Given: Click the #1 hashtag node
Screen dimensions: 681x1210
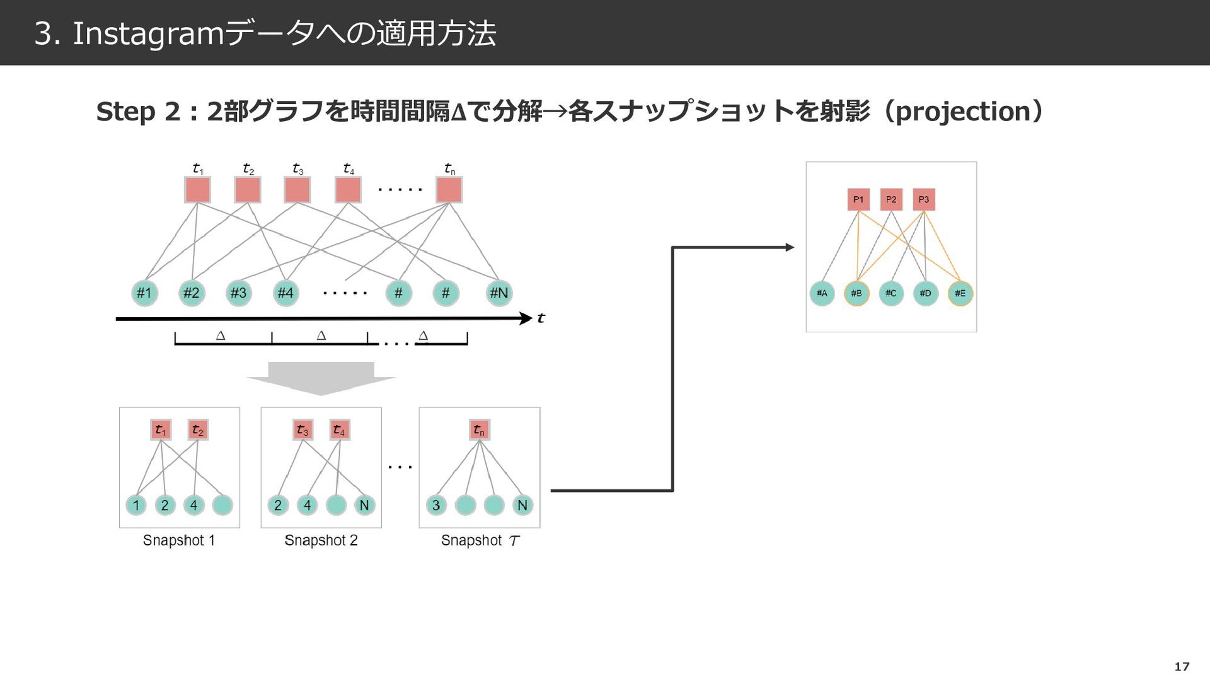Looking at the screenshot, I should (x=144, y=293).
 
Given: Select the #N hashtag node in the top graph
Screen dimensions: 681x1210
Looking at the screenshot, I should (x=498, y=293).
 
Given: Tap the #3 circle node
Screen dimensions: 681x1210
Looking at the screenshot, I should (x=238, y=293).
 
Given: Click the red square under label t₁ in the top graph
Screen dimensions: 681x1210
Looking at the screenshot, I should (x=197, y=190).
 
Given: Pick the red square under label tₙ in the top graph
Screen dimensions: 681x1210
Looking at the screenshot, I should (x=449, y=190).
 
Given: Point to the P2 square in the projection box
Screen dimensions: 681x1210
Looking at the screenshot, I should (x=891, y=199).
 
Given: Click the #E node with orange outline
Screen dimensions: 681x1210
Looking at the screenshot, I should (x=960, y=293).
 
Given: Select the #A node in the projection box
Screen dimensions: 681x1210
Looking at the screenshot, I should (x=822, y=293).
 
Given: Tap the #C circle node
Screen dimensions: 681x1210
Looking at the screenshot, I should (x=890, y=293).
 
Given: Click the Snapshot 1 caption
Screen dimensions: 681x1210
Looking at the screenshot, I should (x=179, y=540).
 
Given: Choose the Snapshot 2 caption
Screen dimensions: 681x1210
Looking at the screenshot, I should (x=321, y=540).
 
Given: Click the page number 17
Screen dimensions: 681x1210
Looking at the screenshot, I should (x=1182, y=666).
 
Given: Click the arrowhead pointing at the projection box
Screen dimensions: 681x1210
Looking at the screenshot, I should (x=789, y=248).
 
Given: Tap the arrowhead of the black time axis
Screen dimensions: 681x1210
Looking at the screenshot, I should (x=526, y=318).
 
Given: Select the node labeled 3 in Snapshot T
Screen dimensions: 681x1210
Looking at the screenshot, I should (x=436, y=505).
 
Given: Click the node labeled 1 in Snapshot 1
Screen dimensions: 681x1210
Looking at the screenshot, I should (x=136, y=505).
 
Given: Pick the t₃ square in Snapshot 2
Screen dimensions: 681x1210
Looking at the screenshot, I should (x=302, y=430).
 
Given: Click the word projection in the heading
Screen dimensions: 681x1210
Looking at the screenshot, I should (x=962, y=112).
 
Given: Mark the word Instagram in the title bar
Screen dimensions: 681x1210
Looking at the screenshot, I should (x=149, y=33).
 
